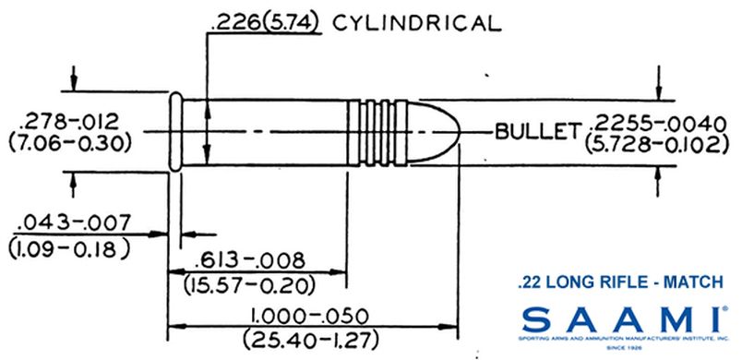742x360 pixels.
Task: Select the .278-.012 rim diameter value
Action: pyautogui.click(x=64, y=120)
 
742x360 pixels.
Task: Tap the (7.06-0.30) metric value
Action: pyautogui.click(x=64, y=143)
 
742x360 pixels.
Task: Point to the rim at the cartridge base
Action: pyautogui.click(x=174, y=131)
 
